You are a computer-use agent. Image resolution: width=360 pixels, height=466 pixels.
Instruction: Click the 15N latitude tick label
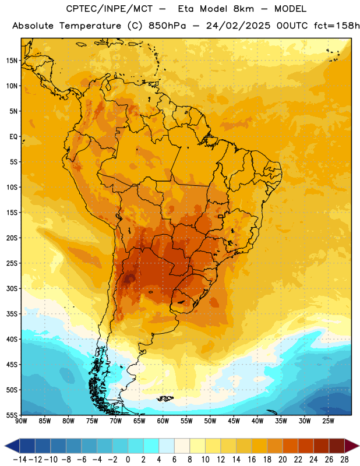click(12, 61)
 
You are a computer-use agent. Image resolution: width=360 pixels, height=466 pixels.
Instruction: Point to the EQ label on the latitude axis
click(13, 137)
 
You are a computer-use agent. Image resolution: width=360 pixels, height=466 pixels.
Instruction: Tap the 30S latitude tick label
click(12, 288)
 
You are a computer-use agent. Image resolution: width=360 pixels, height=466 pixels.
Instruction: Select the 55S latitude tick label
click(12, 415)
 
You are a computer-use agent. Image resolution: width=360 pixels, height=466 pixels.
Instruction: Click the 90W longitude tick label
click(21, 421)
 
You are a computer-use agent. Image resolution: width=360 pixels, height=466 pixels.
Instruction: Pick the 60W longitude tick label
click(163, 421)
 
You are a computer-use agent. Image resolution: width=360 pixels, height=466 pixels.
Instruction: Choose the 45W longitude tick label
click(234, 421)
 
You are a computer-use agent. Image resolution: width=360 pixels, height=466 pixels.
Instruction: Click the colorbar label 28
click(344, 460)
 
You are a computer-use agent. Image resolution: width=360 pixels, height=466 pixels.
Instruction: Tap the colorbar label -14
click(20, 460)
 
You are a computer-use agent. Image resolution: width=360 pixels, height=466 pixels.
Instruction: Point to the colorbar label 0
click(128, 460)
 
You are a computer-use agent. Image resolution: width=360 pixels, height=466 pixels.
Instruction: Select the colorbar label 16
click(252, 460)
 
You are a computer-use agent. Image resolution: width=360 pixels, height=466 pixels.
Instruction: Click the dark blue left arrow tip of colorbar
click(5, 446)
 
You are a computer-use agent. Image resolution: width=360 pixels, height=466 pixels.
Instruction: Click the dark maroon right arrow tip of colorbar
click(359, 446)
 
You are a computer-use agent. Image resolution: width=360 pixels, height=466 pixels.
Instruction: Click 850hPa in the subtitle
click(167, 26)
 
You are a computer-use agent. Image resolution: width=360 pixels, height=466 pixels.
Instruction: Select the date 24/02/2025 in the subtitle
click(238, 26)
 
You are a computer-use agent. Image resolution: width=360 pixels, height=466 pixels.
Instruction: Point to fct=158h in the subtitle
click(337, 26)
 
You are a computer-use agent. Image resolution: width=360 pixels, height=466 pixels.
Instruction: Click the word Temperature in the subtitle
click(90, 26)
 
